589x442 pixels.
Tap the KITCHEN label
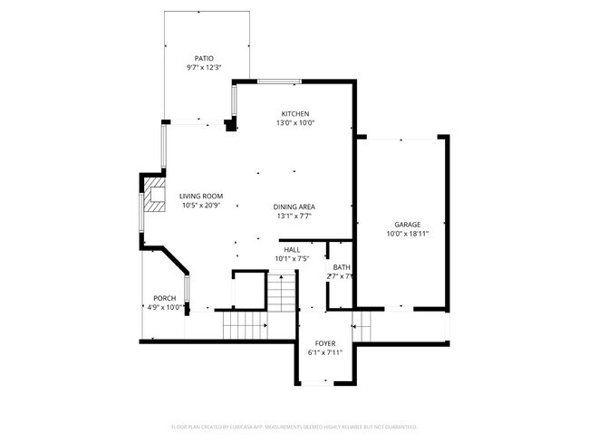point(294,113)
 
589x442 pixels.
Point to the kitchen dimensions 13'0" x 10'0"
point(294,122)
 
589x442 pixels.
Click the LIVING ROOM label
point(200,196)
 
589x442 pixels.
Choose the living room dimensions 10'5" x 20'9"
point(200,206)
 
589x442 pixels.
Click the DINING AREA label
point(294,207)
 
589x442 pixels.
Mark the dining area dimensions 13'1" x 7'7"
point(294,216)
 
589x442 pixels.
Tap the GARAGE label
point(407,224)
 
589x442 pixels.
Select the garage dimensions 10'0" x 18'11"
point(407,234)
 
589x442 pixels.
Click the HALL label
point(292,249)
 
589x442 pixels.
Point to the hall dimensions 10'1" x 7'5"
point(292,259)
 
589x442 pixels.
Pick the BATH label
point(341,267)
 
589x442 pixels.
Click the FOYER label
point(324,343)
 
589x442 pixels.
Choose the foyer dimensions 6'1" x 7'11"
point(324,353)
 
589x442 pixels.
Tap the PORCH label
point(164,298)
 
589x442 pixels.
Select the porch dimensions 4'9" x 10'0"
point(164,308)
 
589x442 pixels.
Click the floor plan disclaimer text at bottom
point(294,426)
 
